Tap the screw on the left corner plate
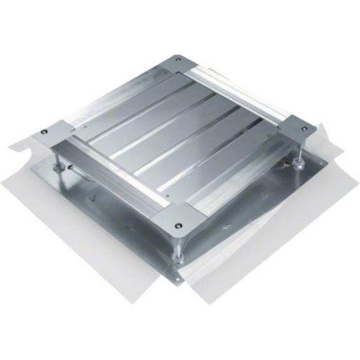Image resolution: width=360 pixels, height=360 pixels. click(x=45, y=131)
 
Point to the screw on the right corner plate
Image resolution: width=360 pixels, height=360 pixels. click(x=305, y=128)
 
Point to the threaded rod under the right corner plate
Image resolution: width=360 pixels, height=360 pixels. click(x=300, y=154)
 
